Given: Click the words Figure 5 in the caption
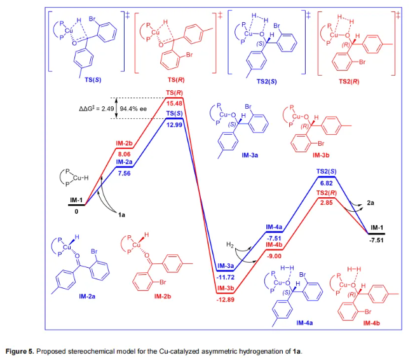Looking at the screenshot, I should click(20, 350).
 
